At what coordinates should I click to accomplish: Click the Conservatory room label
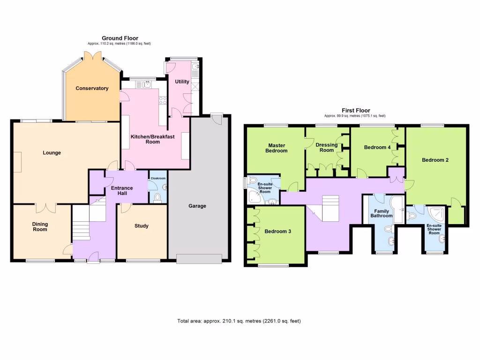(x=92, y=88)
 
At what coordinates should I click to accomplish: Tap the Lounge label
(x=52, y=152)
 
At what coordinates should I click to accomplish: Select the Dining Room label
(x=40, y=227)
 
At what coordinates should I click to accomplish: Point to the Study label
(x=141, y=226)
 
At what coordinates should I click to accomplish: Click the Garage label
(x=197, y=206)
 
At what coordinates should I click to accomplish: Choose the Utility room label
(x=182, y=82)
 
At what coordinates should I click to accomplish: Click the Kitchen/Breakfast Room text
(x=152, y=139)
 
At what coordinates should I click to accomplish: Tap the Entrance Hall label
(x=122, y=191)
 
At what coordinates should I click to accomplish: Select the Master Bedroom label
(x=277, y=148)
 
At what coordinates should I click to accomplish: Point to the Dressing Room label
(x=327, y=147)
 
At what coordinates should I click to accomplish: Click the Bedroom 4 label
(x=377, y=147)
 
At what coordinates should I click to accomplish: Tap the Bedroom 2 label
(x=435, y=160)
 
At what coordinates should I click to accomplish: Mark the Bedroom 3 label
(x=278, y=231)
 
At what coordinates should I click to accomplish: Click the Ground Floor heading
(x=120, y=38)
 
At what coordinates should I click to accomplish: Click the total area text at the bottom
(x=239, y=321)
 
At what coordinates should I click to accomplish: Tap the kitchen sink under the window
(x=147, y=84)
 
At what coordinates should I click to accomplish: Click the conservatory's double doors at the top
(x=96, y=56)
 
